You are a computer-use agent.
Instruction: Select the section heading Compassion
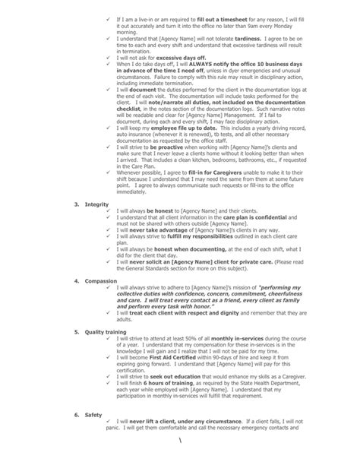point(102,280)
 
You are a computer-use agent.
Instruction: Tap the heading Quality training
point(109,332)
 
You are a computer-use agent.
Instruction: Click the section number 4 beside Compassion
point(76,280)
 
